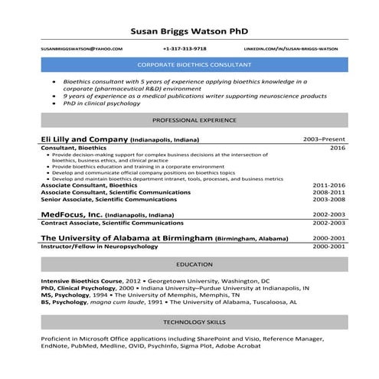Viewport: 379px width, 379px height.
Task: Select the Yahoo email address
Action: (81, 48)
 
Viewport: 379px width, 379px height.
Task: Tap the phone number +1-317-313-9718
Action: (185, 48)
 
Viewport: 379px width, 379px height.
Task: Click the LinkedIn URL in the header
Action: (295, 48)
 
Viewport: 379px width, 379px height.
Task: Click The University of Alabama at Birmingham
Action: (126, 238)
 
